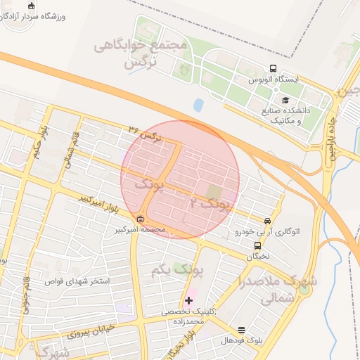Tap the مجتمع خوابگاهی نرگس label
[x=141, y=54]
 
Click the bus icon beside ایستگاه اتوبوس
[x=273, y=69]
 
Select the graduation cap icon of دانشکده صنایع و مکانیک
[x=286, y=100]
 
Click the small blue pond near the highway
[x=198, y=105]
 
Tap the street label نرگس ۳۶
[x=146, y=133]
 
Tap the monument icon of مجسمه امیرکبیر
[x=140, y=219]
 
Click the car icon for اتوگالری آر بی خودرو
[x=266, y=220]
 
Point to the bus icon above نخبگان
[x=257, y=246]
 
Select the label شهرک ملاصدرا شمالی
[x=278, y=289]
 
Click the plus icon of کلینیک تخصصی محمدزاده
[x=188, y=300]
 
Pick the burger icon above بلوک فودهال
[x=242, y=330]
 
